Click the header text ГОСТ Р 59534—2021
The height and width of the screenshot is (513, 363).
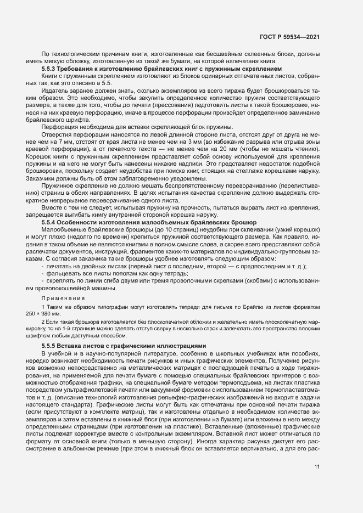289,37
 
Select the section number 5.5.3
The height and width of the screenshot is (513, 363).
50,70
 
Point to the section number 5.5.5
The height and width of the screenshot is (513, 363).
50,346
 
